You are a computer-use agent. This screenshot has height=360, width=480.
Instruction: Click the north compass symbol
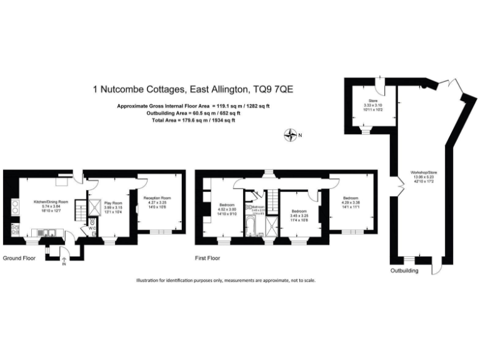(291, 134)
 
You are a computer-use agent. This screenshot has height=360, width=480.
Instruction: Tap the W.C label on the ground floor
(92, 228)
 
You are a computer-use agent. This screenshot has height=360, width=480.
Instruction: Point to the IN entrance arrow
(62, 261)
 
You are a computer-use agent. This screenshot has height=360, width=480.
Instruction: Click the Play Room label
(112, 206)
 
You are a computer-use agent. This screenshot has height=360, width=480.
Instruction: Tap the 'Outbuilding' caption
(406, 270)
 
